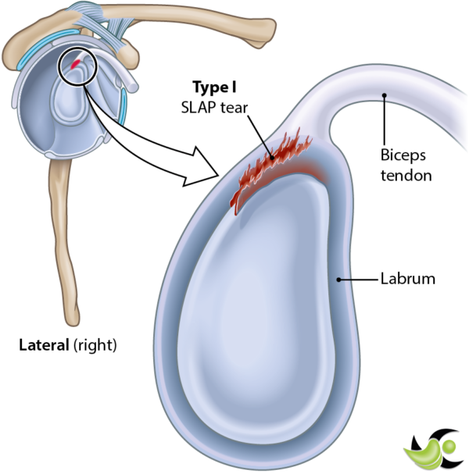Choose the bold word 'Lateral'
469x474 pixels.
(45, 344)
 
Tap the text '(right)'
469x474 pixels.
(95, 344)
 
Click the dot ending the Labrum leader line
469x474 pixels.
(338, 278)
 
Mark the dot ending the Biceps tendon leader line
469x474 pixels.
(383, 96)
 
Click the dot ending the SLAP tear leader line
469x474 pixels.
(272, 156)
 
